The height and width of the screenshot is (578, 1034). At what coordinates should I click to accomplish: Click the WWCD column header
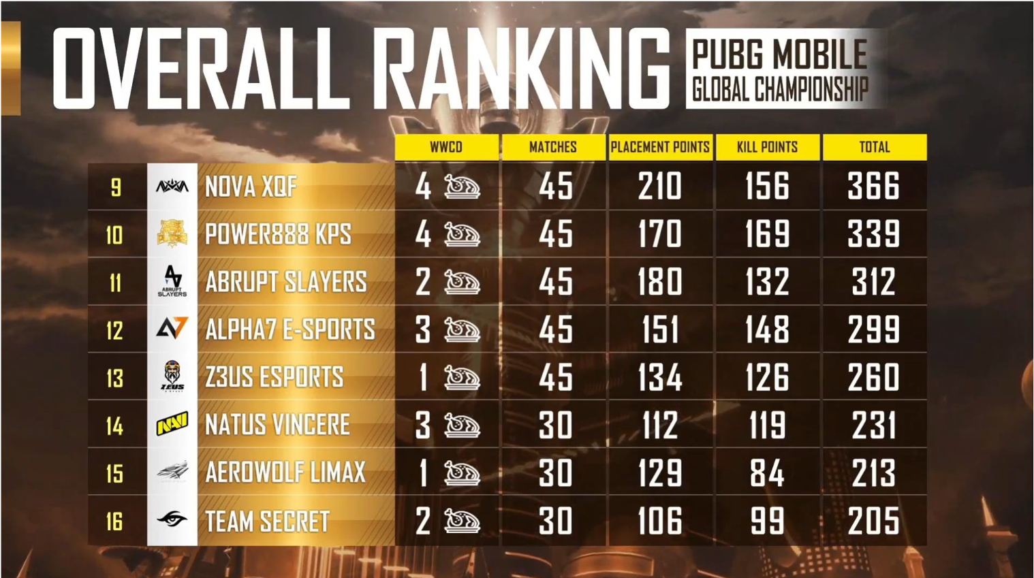pyautogui.click(x=446, y=147)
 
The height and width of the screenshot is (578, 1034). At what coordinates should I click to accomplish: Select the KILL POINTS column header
pyautogui.click(x=767, y=147)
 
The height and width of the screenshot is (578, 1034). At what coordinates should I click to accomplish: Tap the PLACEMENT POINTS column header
pyautogui.click(x=660, y=147)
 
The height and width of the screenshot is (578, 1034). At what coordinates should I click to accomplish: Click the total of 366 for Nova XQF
pyautogui.click(x=874, y=187)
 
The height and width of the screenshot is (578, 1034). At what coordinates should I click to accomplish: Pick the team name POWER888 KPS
pyautogui.click(x=278, y=234)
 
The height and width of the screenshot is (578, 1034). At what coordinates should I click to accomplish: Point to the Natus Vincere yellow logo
pyautogui.click(x=172, y=426)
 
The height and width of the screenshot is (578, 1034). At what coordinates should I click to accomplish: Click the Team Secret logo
pyautogui.click(x=172, y=521)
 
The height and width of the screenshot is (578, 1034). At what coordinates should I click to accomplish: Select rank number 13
pyautogui.click(x=115, y=378)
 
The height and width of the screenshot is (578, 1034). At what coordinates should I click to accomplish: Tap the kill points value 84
pyautogui.click(x=767, y=473)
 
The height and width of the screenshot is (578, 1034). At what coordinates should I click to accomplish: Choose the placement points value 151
pyautogui.click(x=660, y=330)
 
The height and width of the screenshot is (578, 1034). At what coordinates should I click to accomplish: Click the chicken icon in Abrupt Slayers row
pyautogui.click(x=463, y=283)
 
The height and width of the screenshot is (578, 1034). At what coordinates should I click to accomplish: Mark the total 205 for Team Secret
pyautogui.click(x=874, y=521)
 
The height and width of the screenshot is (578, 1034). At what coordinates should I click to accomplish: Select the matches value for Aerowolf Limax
pyautogui.click(x=555, y=473)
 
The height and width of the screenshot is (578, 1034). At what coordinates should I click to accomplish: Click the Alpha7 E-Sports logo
pyautogui.click(x=172, y=330)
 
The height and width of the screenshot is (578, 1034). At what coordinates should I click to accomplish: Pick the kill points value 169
pyautogui.click(x=767, y=234)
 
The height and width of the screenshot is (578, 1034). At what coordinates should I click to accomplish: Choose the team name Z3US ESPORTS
pyautogui.click(x=275, y=378)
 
